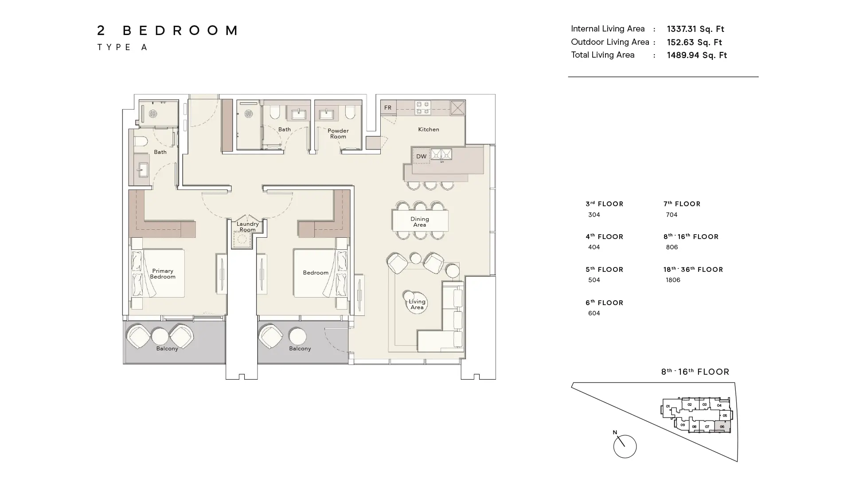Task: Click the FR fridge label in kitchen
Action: click(388, 108)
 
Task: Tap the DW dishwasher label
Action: click(421, 157)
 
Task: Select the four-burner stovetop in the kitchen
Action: click(422, 107)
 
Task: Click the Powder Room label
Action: click(338, 133)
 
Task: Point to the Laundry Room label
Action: click(247, 227)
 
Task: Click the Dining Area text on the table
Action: click(419, 222)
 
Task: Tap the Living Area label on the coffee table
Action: click(417, 304)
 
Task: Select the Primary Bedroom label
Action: click(163, 274)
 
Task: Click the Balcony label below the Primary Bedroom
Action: click(167, 349)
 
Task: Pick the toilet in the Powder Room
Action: click(350, 113)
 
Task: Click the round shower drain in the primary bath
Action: click(153, 114)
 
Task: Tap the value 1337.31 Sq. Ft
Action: click(695, 29)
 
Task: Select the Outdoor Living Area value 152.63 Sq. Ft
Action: click(694, 43)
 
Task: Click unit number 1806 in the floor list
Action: click(673, 280)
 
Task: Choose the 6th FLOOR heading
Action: click(604, 303)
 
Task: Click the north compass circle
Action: click(625, 446)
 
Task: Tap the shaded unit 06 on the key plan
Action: click(722, 427)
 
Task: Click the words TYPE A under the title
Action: click(122, 47)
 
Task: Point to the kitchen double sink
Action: click(441, 154)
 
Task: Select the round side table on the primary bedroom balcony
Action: click(160, 336)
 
